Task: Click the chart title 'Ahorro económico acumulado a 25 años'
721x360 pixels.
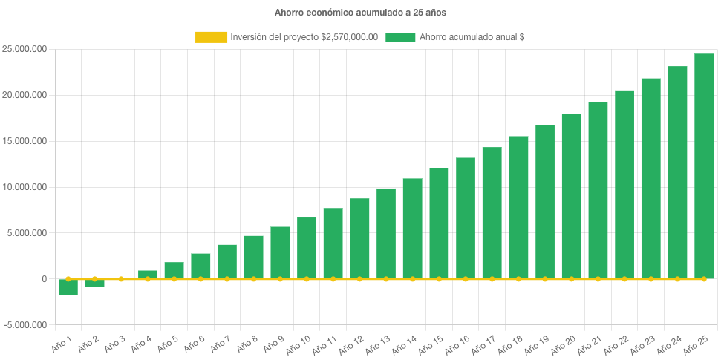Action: [360, 13]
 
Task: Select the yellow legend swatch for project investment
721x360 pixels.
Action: [211, 37]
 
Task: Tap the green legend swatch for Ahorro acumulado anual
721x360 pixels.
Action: [400, 37]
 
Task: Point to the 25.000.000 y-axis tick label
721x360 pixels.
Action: [25, 50]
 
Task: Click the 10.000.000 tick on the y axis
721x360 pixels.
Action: [25, 187]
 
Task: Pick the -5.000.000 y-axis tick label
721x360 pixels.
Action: [25, 325]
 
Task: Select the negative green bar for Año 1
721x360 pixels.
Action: [68, 287]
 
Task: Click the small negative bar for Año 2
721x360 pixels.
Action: [94, 284]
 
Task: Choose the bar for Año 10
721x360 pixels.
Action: [307, 248]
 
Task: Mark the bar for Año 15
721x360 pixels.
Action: [439, 223]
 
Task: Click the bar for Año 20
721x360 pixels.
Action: [572, 197]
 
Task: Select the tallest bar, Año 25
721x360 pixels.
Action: [704, 166]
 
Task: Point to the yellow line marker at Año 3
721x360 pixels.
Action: [121, 279]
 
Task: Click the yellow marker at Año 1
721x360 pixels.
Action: [68, 279]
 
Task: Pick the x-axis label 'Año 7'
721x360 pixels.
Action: [220, 342]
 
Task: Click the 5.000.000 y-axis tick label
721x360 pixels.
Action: [27, 233]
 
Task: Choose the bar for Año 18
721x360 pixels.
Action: [518, 208]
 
